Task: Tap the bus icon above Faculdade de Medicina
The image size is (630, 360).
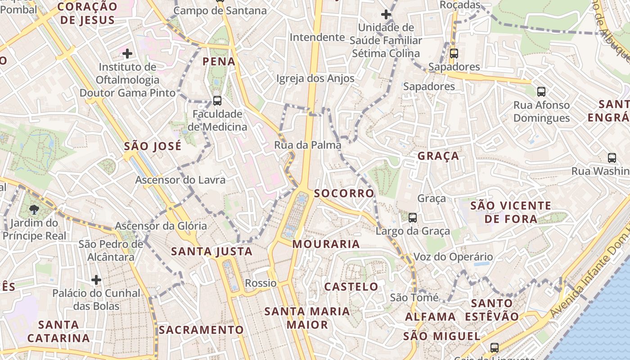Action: [x=217, y=101]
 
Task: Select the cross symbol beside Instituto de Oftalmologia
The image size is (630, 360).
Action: [x=127, y=54]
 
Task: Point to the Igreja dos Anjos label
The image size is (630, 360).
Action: [x=315, y=78]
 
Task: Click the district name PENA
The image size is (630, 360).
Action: [x=219, y=61]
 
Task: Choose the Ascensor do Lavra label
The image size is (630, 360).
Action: [x=180, y=180]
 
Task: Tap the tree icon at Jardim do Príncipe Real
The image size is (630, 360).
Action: [x=34, y=209]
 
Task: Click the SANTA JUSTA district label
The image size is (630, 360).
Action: [x=211, y=252]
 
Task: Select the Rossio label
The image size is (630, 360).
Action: [x=261, y=283]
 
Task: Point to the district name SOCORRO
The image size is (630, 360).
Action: [x=344, y=193]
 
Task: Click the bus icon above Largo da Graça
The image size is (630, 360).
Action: [x=412, y=218]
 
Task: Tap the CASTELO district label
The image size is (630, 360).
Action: [x=351, y=287]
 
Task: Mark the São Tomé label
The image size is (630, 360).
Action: [x=414, y=297]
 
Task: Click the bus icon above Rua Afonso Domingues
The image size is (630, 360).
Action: [x=541, y=92]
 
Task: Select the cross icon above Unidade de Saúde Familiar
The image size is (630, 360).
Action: [x=386, y=14]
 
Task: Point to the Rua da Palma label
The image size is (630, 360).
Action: [x=308, y=145]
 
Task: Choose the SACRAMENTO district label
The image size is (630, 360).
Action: [x=201, y=330]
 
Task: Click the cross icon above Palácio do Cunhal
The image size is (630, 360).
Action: [x=96, y=280]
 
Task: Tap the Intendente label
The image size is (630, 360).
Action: [x=317, y=37]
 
